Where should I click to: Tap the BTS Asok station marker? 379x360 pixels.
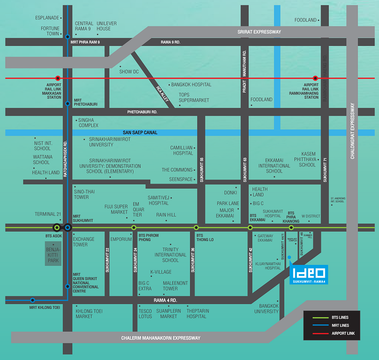coord(57,227)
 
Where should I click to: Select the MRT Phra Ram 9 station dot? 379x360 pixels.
coord(67,37)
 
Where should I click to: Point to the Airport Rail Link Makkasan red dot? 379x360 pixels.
coord(58,78)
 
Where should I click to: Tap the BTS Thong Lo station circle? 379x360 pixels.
coord(196,227)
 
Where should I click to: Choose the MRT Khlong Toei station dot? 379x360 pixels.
coord(33,300)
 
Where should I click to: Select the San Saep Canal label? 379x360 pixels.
coord(140,133)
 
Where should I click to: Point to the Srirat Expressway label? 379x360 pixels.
coord(259,32)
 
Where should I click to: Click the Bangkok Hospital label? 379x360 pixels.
coord(191,85)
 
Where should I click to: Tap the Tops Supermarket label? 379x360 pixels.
coord(194,97)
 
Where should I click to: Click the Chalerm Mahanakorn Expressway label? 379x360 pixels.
coord(161,338)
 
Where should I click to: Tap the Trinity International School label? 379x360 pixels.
coord(171,255)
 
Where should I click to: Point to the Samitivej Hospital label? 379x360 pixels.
coord(158,200)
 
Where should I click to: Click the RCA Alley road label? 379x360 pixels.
coord(162,94)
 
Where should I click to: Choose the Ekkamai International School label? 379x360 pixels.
coord(274,166)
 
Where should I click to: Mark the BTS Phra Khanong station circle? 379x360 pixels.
coord(291,227)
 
